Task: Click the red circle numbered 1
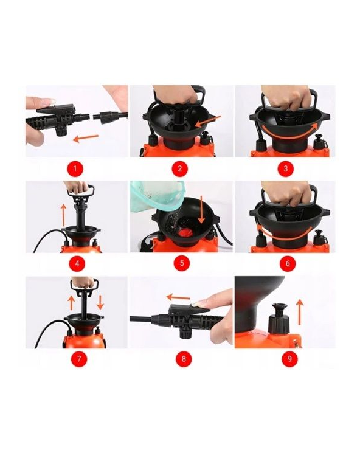(75, 168)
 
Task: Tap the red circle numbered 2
(180, 168)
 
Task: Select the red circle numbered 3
(285, 168)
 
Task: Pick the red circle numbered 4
(77, 263)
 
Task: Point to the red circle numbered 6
(288, 263)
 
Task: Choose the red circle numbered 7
(79, 358)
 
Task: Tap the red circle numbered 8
(184, 358)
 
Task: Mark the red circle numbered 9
(289, 358)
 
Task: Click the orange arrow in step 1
(86, 138)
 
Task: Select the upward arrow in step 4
(64, 215)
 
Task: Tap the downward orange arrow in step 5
(201, 210)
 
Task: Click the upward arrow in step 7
(71, 303)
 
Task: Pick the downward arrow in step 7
(100, 302)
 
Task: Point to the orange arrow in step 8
(178, 297)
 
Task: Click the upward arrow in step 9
(300, 312)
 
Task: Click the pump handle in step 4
(81, 190)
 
